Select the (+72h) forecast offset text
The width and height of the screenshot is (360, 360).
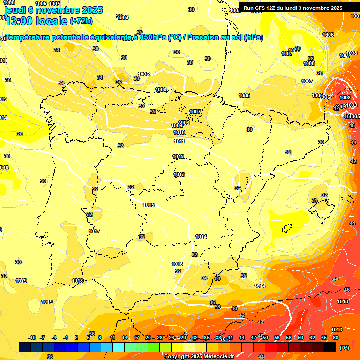[81, 21]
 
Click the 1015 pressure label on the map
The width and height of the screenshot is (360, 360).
[149, 205]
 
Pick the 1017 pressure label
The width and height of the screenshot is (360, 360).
[94, 231]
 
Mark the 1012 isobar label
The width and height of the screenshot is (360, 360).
[178, 157]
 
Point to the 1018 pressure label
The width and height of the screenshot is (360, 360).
[77, 281]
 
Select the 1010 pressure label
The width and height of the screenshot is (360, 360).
[179, 133]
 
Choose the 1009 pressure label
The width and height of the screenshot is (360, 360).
[176, 125]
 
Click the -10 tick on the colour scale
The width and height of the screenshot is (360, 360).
[32, 337]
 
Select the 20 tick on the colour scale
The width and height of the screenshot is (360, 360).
[148, 337]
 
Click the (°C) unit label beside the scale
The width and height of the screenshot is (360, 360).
[344, 348]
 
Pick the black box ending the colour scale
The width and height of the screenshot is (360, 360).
[329, 347]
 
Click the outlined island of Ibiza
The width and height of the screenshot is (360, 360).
[287, 229]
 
